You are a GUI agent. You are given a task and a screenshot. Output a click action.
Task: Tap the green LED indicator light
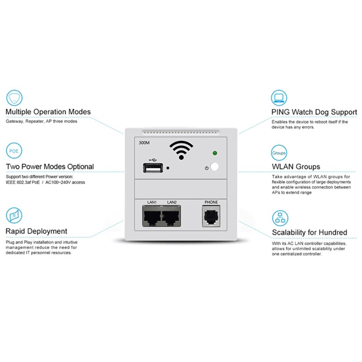(214, 153)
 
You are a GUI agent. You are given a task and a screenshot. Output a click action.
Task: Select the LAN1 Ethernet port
(152, 218)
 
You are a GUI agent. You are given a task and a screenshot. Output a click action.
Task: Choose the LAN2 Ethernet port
(171, 218)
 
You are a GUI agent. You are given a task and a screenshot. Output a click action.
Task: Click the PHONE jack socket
(211, 217)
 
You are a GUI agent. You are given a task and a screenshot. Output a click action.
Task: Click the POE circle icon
(14, 151)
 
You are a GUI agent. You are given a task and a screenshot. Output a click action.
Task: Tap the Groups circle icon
(279, 153)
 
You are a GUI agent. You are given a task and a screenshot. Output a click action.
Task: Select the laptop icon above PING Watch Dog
(279, 97)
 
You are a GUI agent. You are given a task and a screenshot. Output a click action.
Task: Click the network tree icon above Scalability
(279, 218)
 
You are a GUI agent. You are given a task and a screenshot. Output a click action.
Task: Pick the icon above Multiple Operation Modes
(14, 97)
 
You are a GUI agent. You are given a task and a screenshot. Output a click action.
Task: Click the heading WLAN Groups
(295, 167)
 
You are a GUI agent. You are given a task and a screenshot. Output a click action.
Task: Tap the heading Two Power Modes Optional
(50, 167)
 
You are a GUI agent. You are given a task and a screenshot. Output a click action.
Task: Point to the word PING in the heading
(281, 112)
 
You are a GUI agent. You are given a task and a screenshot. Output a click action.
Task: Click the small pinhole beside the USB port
(168, 168)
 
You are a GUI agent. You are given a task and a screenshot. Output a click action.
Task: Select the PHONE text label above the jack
(211, 202)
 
